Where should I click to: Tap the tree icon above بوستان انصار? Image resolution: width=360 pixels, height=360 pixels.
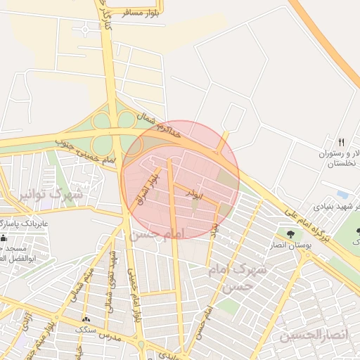point(290,233)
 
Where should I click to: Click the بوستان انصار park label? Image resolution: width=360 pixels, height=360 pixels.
point(290,245)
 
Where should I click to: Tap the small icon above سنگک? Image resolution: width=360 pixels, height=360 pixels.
point(86,319)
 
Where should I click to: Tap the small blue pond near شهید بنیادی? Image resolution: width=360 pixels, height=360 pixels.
point(343,193)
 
